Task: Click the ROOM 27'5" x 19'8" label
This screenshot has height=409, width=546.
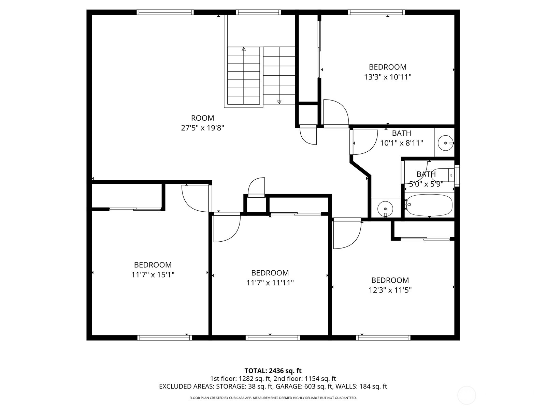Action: (x=202, y=123)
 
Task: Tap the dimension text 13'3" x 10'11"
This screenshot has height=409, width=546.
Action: (x=388, y=77)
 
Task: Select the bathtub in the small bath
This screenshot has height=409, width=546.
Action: (x=429, y=205)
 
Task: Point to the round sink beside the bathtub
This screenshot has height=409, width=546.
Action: (x=385, y=208)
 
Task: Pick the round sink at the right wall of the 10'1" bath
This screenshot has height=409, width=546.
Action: (x=445, y=143)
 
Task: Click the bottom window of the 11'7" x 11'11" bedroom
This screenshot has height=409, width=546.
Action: (x=273, y=338)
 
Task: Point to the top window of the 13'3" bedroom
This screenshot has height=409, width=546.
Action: (x=376, y=13)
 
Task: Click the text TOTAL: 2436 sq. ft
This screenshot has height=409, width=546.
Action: (x=273, y=370)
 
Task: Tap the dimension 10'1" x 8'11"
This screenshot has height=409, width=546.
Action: (x=402, y=143)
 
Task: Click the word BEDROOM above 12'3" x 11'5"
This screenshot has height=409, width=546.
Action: (x=390, y=280)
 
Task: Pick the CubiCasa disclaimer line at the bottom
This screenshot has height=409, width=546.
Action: (x=273, y=398)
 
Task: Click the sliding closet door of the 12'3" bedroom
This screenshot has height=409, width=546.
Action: (x=425, y=239)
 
